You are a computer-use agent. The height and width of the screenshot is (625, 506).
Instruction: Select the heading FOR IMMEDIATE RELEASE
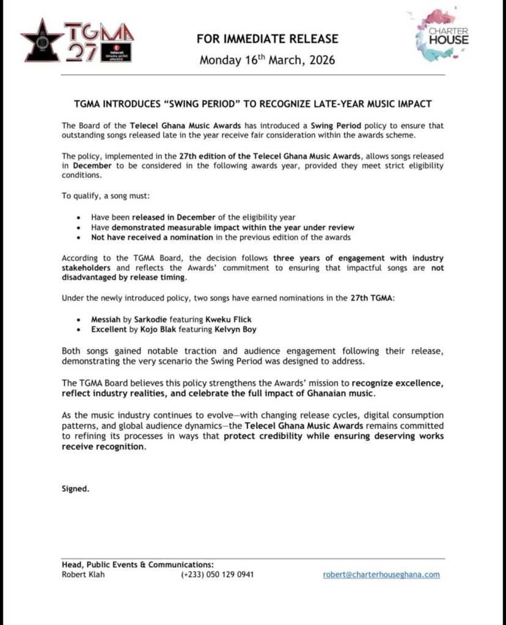click(x=267, y=39)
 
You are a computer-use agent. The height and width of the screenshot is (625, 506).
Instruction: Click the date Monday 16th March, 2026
click(x=267, y=60)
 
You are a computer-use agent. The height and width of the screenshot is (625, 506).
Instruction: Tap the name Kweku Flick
click(x=231, y=319)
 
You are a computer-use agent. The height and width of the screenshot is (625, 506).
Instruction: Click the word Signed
click(x=75, y=488)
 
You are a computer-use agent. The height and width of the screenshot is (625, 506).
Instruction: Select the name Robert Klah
click(x=83, y=574)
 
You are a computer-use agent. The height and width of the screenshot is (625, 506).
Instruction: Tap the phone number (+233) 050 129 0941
click(x=217, y=574)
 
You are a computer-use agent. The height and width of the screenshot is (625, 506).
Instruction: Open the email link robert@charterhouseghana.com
click(x=381, y=574)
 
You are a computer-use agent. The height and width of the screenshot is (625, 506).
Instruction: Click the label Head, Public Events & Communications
click(x=137, y=565)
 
